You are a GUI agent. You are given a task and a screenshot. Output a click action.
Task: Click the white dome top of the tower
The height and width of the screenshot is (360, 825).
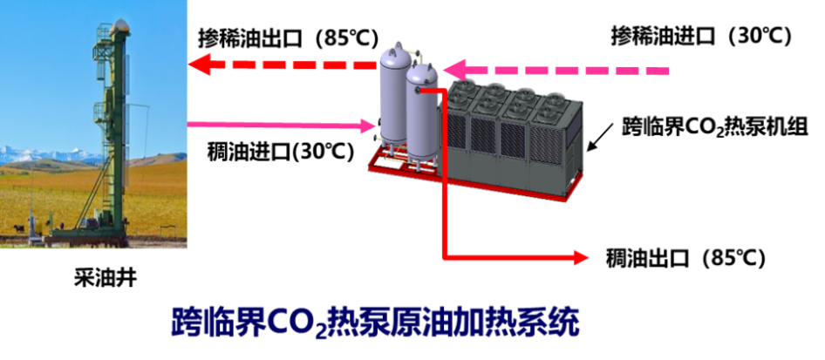point(120,25)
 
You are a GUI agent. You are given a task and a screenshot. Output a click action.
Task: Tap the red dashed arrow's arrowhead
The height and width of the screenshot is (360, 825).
point(198,65)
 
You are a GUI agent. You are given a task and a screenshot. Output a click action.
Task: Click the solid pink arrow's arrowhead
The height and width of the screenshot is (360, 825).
point(369,126)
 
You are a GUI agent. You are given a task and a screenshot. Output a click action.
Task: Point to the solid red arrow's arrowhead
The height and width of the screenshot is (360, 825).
point(583,257)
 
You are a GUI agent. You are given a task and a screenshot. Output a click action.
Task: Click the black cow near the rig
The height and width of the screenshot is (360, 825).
point(18,228)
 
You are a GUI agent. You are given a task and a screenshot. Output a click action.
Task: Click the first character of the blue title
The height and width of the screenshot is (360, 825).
point(186,322)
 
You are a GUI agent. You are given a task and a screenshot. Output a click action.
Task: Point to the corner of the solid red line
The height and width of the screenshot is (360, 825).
point(445,258)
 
